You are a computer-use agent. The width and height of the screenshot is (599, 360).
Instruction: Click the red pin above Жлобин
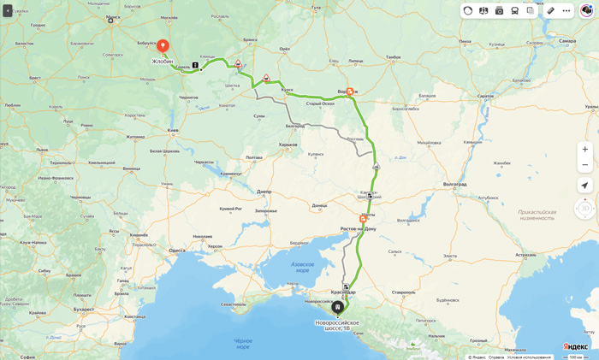[x=163, y=45]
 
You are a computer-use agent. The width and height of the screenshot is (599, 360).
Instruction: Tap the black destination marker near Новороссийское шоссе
[x=337, y=307]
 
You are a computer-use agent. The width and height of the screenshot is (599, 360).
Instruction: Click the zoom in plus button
[x=584, y=150]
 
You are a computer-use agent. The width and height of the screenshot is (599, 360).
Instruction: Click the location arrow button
[x=584, y=186]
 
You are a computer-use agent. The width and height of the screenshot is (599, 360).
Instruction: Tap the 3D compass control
[x=585, y=208]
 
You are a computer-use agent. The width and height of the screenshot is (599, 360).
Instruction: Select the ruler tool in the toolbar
[x=551, y=11]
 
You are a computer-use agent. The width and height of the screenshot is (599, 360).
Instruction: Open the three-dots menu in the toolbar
[x=566, y=11]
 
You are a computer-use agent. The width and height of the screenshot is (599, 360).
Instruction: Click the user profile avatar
[x=587, y=11]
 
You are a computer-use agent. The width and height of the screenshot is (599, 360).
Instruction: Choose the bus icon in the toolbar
[x=514, y=11]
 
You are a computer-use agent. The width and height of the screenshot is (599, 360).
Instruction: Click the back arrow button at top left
[x=8, y=11]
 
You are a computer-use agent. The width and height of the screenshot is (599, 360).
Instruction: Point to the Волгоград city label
[x=455, y=184]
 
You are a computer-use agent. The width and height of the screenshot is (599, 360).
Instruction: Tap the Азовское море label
[x=302, y=267]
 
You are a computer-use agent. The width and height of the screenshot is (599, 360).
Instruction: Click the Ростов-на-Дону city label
[x=358, y=228]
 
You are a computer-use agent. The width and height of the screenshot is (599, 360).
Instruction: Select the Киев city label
[x=173, y=131]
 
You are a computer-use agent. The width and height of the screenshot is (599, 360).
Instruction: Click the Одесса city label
[x=176, y=250]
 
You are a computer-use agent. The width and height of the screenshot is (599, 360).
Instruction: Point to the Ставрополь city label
[x=403, y=292]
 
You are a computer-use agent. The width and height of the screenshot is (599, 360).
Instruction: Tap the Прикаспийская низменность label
[x=537, y=215]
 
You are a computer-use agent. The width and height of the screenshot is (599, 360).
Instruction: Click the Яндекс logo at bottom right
[x=576, y=346]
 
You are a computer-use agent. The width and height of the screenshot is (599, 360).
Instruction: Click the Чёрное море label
[x=243, y=344]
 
